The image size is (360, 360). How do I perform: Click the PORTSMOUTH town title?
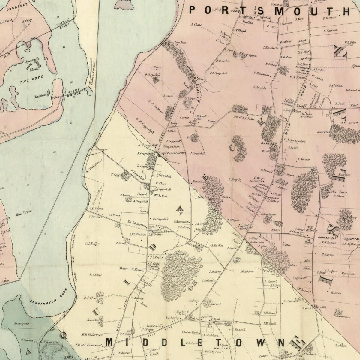pyautogui.click(x=269, y=11)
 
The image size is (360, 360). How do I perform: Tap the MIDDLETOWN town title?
pyautogui.click(x=195, y=342)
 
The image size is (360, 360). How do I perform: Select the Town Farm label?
pyautogui.click(x=181, y=43)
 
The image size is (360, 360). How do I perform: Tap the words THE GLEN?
pyautogui.click(x=349, y=123)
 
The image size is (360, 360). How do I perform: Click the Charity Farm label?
pyautogui.click(x=190, y=332)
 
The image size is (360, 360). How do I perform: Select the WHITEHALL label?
pyautogui.click(x=222, y=349)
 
